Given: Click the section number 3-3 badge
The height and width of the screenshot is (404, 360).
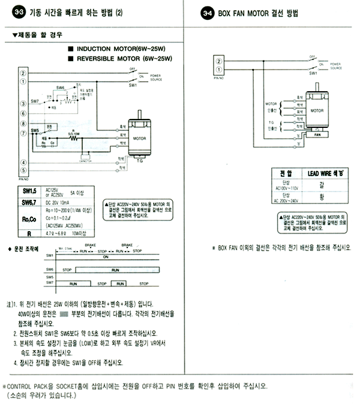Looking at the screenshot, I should pyautogui.click(x=11, y=12).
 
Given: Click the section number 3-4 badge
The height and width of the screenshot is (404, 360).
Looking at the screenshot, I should pyautogui.click(x=207, y=12).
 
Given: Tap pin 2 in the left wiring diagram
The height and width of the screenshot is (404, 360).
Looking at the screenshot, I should pyautogui.click(x=23, y=73).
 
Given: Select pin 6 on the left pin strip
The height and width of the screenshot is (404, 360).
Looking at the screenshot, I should pyautogui.click(x=23, y=114).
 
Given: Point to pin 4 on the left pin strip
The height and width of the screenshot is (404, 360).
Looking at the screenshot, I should pyautogui.click(x=23, y=161).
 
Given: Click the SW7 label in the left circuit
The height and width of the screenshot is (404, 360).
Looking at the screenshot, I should pyautogui.click(x=34, y=101).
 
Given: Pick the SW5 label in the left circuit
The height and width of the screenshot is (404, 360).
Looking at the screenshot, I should pyautogui.click(x=34, y=130).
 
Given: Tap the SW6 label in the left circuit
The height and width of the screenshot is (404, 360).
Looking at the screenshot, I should pyautogui.click(x=61, y=88).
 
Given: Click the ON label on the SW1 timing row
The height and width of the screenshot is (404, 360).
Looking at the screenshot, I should pyautogui.click(x=106, y=256).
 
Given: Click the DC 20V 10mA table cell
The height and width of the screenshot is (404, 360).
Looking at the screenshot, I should pyautogui.click(x=59, y=202).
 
